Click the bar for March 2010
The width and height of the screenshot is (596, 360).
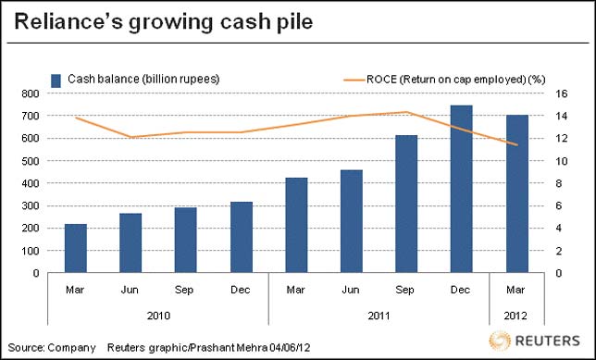[75, 248]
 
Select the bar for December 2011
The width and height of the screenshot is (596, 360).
[460, 189]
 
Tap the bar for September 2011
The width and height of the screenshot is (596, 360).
[405, 204]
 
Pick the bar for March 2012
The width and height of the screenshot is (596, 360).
[515, 193]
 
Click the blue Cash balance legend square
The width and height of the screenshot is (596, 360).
[56, 80]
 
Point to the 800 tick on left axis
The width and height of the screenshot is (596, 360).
[31, 93]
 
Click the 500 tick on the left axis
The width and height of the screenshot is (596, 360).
[31, 161]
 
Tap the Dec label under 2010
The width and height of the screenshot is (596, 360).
[241, 290]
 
